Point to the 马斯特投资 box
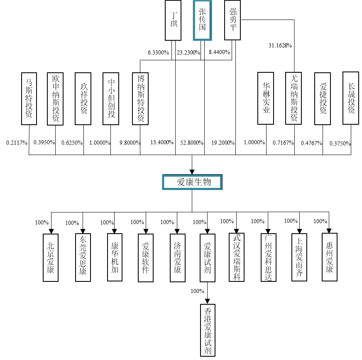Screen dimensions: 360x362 pyautogui.click(x=29, y=99)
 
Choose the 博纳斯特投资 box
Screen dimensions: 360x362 pyautogui.click(x=140, y=99)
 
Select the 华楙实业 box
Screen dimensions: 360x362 pyautogui.click(x=266, y=99)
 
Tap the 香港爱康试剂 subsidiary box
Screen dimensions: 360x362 pyautogui.click(x=208, y=330)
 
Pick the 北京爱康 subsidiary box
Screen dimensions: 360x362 pyautogui.click(x=51, y=258)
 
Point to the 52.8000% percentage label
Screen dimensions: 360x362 pyautogui.click(x=192, y=143)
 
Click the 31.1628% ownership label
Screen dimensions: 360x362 pyautogui.click(x=280, y=45)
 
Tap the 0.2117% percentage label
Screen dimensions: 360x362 pyautogui.click(x=17, y=143)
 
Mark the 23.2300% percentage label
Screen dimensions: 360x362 pyautogui.click(x=189, y=53)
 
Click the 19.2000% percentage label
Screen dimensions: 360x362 pyautogui.click(x=223, y=143)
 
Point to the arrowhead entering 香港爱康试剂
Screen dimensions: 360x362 pyautogui.click(x=208, y=301)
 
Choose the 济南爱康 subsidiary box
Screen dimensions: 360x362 pyautogui.click(x=177, y=258)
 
